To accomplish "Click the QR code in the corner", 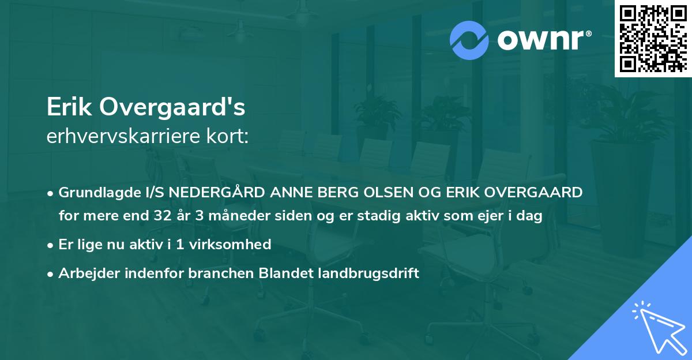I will click(653, 39).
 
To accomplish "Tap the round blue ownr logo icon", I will click(469, 39).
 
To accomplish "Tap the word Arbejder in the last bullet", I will click(86, 273).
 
